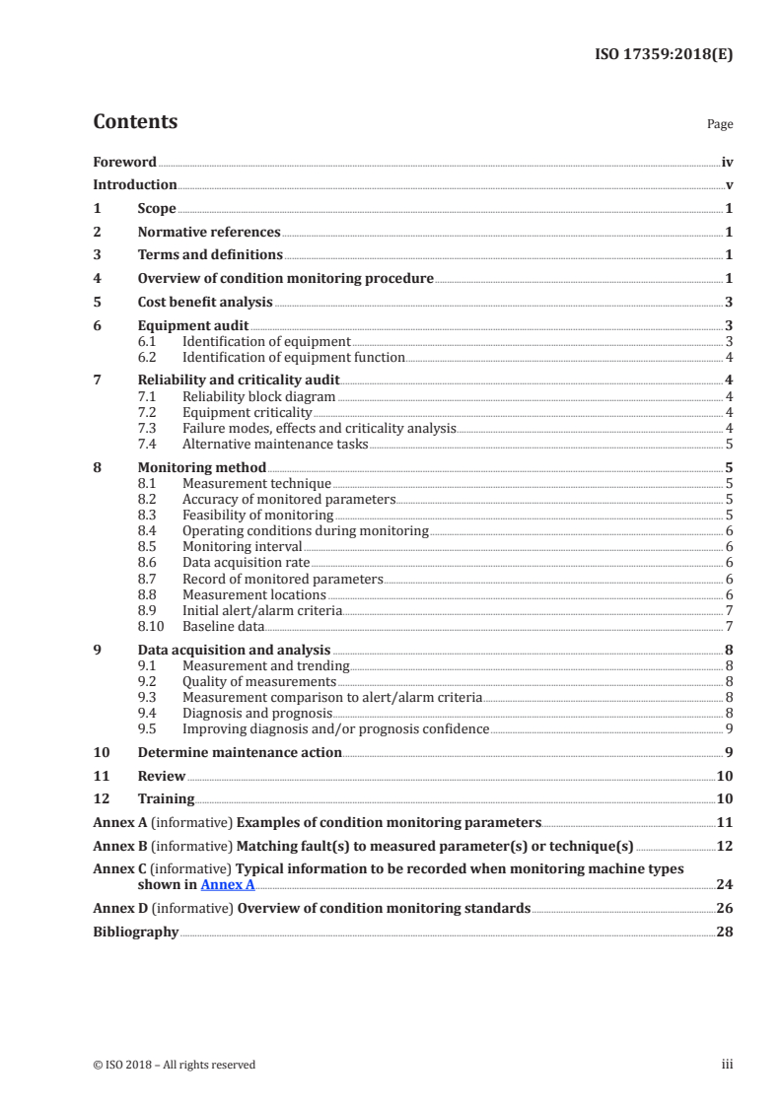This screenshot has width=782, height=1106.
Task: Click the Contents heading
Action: pos(135,122)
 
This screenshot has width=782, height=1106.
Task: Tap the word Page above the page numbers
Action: pos(720,125)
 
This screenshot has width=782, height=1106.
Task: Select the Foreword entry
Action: pos(124,162)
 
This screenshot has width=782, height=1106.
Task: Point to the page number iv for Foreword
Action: pos(727,162)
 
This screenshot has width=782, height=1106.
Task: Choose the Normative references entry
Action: pos(209,233)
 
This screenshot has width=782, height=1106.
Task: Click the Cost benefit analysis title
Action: pos(205,303)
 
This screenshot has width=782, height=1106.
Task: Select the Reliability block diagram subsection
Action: pos(259,396)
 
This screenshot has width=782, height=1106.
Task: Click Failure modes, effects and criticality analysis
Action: pos(320,428)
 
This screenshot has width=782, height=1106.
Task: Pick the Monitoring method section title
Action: pos(201,467)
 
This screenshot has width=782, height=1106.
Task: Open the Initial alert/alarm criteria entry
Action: pos(262,610)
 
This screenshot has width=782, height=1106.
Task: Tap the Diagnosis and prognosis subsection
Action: pos(257,713)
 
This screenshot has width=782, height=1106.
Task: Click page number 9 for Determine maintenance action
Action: pos(729,753)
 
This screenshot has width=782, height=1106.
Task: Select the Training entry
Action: pos(166,798)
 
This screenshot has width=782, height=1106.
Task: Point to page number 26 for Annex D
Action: pos(724,908)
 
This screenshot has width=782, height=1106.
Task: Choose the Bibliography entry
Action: pos(135,932)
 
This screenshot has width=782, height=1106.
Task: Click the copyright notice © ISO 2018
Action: pos(175,1065)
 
